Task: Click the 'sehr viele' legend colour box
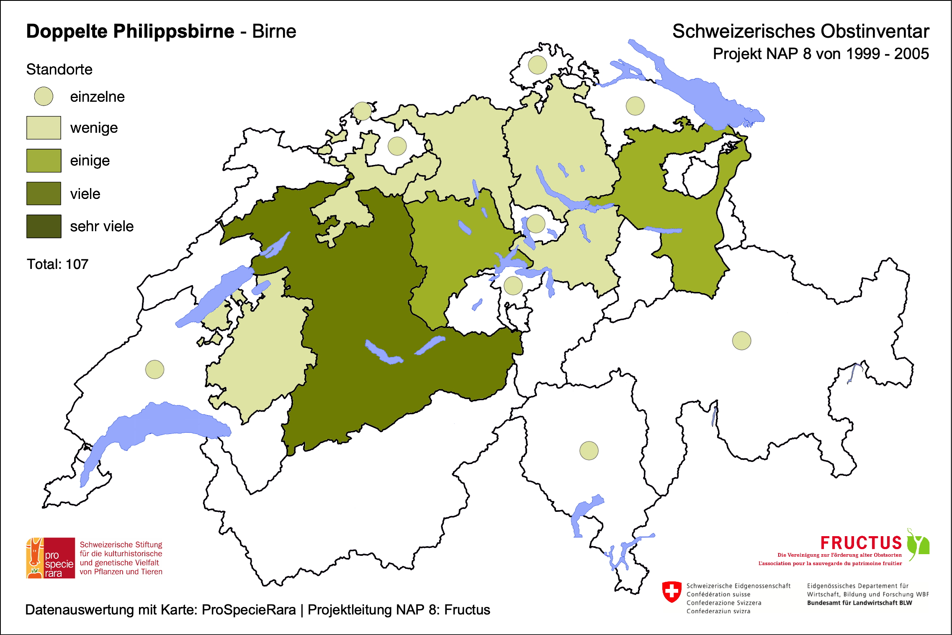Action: click(44, 226)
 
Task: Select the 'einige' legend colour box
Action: click(44, 161)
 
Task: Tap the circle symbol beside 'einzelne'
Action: click(44, 96)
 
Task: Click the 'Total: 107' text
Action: click(57, 264)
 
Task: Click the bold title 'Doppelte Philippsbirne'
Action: click(130, 31)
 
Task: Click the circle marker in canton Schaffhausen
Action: click(537, 65)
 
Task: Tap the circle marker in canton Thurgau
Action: click(635, 106)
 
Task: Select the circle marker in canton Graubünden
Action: click(741, 341)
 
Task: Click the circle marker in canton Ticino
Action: click(589, 451)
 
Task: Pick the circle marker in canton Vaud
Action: click(154, 369)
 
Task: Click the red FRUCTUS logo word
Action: click(861, 543)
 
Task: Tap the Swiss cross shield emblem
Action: click(672, 591)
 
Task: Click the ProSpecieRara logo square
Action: click(51, 558)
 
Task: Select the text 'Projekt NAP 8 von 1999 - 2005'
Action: click(821, 54)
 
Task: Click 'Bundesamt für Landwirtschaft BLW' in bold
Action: click(859, 603)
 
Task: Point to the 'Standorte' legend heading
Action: click(59, 70)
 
